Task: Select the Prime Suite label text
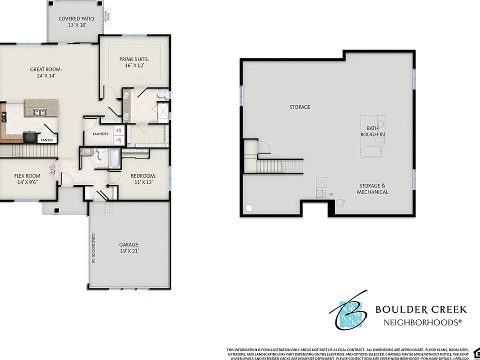click(134, 62)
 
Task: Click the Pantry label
click(47, 140)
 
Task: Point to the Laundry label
click(100, 134)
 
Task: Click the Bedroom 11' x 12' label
click(143, 179)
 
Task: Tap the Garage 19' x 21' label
click(129, 247)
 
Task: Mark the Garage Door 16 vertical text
click(93, 248)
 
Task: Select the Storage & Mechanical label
click(372, 188)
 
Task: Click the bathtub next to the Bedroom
click(114, 158)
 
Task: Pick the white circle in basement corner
click(249, 208)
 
